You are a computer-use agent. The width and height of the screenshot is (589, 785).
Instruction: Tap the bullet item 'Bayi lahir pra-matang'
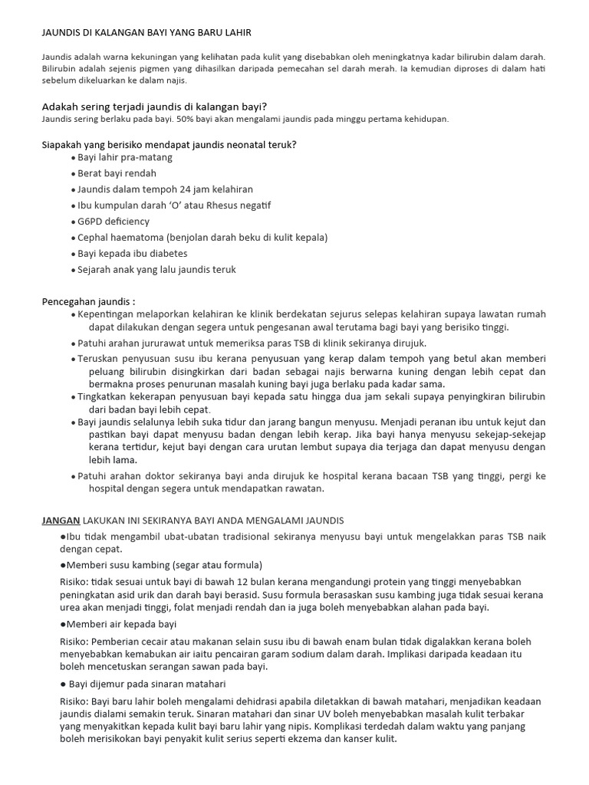125,157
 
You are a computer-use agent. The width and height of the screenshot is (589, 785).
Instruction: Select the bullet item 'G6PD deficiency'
114,222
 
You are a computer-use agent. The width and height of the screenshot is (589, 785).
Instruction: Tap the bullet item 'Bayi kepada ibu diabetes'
132,254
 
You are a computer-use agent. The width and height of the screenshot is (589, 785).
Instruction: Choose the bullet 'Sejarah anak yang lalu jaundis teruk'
156,270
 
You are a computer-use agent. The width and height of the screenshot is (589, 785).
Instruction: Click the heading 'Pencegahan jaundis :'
88,301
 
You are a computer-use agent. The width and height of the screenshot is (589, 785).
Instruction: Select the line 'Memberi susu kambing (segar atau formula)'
164,565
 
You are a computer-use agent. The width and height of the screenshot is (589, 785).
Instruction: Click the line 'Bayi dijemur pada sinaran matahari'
147,683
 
